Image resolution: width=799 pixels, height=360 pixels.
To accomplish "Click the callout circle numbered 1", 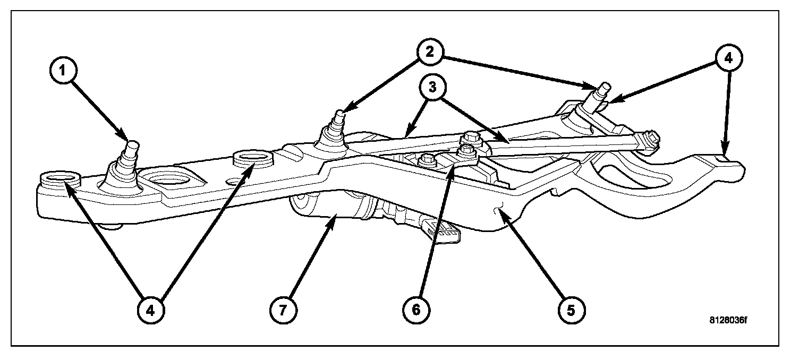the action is (63, 70).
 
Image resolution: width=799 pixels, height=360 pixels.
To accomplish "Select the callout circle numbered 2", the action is (430, 52).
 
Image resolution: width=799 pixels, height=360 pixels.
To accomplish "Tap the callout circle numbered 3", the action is (432, 87).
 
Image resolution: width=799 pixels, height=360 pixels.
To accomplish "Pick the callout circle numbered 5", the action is (572, 310).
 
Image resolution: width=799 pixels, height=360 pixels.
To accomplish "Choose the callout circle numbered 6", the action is (416, 310).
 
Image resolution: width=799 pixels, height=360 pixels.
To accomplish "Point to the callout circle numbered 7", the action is (283, 310).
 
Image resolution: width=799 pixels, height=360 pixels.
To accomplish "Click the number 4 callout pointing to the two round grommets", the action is (151, 310).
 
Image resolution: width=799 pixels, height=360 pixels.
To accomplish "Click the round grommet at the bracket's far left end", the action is (59, 178).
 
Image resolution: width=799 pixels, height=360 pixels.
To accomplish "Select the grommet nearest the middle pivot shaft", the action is (252, 158).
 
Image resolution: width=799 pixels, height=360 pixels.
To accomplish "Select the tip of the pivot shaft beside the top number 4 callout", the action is (605, 86).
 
